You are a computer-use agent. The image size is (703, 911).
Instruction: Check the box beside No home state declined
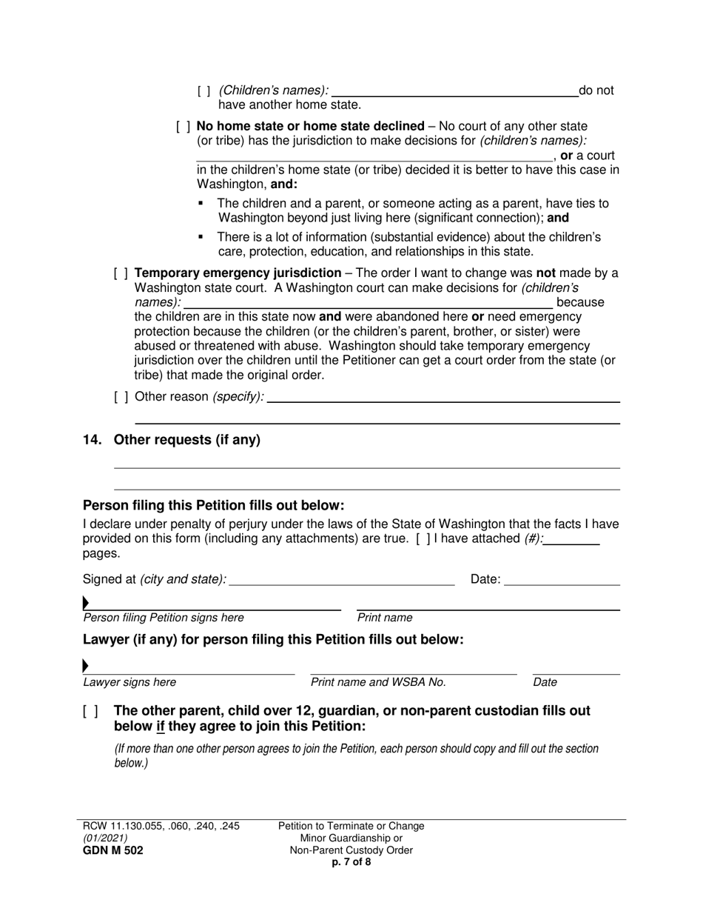183,127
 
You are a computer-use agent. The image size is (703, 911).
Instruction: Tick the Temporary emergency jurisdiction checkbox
121,273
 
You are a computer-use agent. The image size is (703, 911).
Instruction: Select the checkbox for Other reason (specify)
121,397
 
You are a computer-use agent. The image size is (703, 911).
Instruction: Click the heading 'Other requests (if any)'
186,440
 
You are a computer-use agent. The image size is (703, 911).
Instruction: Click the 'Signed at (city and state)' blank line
342,580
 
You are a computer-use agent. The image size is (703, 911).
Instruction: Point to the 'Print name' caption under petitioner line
385,618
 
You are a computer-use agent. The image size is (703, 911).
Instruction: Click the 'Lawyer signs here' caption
129,682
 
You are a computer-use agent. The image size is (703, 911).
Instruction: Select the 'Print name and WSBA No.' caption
378,682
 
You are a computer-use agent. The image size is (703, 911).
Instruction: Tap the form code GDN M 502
113,850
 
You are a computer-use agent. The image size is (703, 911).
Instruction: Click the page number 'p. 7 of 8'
351,861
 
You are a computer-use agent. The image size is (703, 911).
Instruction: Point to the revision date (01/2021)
106,838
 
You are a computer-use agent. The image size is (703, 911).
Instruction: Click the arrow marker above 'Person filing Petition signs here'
86,603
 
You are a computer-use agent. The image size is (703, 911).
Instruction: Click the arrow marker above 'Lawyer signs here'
86,666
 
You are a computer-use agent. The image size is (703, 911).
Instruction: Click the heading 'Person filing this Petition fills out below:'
213,506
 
